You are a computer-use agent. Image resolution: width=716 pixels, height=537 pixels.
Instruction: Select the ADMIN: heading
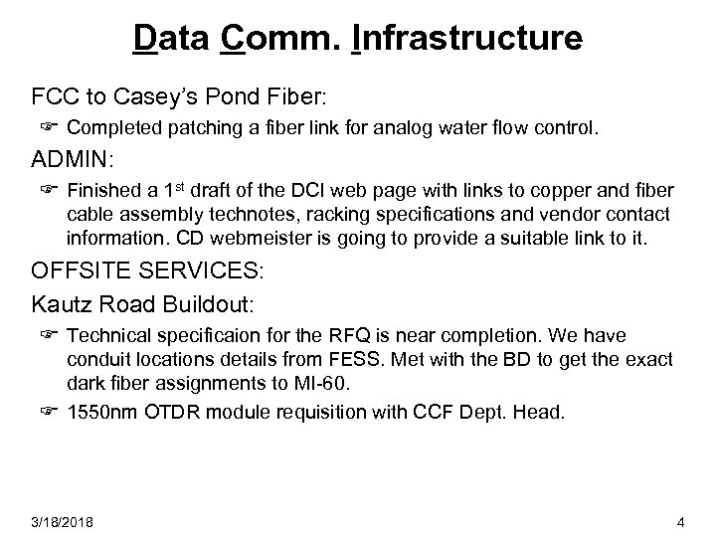click(72, 160)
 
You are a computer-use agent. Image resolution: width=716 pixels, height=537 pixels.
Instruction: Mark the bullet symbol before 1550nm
click(47, 408)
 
